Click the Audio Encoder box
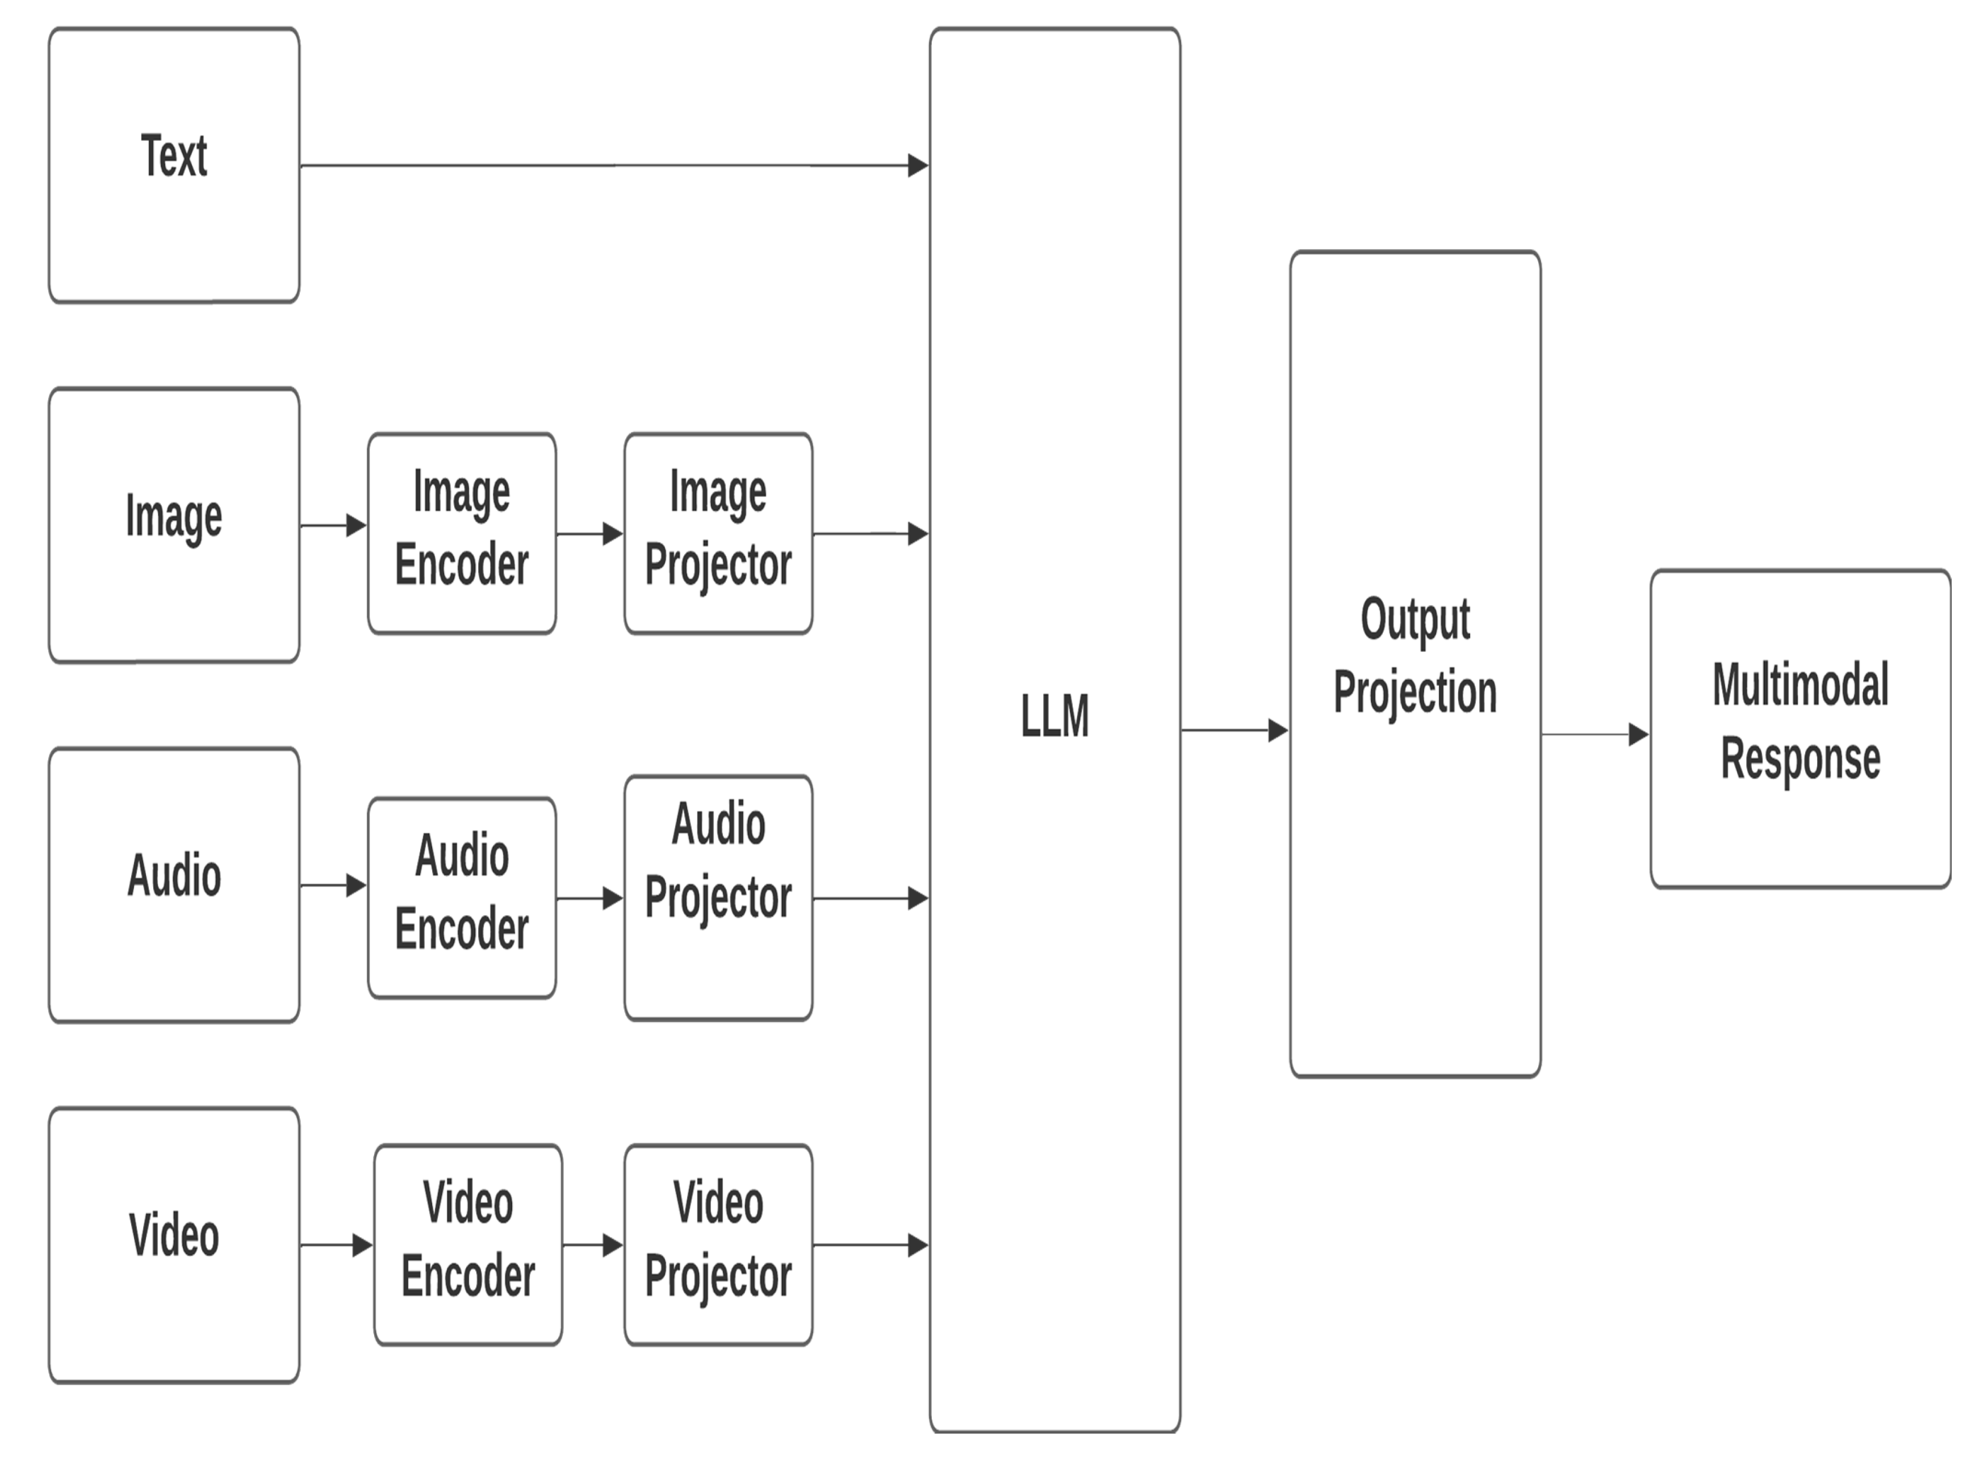click(x=462, y=898)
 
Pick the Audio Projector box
click(x=718, y=898)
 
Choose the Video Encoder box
click(x=467, y=1245)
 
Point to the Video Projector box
click(x=718, y=1245)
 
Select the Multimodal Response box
click(x=1799, y=728)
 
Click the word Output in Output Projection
click(x=1415, y=619)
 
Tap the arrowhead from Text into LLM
click(x=918, y=165)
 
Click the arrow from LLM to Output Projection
click(x=1234, y=730)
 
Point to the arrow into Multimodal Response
click(x=1594, y=735)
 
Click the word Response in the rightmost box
click(x=1799, y=759)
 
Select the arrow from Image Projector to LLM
click(x=870, y=534)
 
